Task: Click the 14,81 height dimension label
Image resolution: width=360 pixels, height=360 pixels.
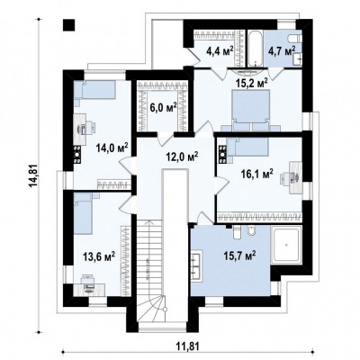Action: coord(34,175)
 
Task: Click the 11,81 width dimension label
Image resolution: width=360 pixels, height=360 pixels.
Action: coord(188,346)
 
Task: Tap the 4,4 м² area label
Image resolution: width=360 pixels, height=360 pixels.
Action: coord(220,51)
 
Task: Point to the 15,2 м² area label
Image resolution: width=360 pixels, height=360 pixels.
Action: coord(251,83)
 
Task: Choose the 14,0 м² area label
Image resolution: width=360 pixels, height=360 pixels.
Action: coord(112,148)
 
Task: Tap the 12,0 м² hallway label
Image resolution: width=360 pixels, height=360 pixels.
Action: coord(183,157)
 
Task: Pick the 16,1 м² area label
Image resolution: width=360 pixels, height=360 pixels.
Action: coord(257,174)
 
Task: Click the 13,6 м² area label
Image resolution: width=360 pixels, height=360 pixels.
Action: coord(99,256)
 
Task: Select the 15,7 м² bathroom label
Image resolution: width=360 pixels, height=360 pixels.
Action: coord(239,256)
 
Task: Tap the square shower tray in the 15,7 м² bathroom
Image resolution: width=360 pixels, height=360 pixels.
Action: coord(286,245)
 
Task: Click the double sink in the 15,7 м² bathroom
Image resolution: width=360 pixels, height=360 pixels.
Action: coord(197,266)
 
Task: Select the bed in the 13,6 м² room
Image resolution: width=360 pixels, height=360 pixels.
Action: coord(83,213)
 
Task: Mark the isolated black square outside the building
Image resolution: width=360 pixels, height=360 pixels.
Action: coord(68,25)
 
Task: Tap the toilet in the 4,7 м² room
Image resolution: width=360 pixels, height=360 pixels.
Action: coord(294,39)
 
